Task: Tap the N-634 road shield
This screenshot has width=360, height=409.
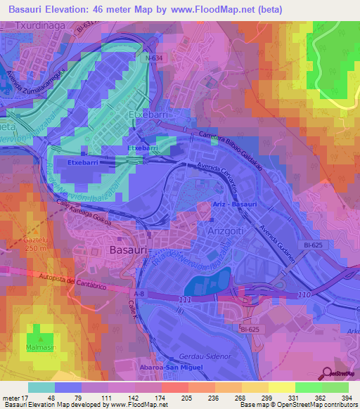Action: pyautogui.click(x=156, y=59)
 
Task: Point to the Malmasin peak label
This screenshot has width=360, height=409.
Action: pyautogui.click(x=42, y=347)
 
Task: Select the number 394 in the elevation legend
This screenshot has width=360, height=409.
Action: pyautogui.click(x=347, y=397)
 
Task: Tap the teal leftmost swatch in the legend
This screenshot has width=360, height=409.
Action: pyautogui.click(x=41, y=387)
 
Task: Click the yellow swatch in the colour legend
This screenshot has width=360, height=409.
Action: pyautogui.click(x=281, y=387)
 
